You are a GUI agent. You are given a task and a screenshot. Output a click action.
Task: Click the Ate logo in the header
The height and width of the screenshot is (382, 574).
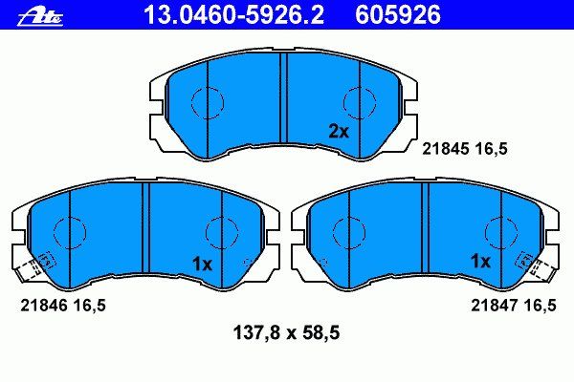(x=40, y=16)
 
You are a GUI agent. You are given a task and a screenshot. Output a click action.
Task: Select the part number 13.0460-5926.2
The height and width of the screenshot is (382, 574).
(x=234, y=14)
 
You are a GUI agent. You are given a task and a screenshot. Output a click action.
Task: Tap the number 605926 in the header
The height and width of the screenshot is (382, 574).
(x=398, y=14)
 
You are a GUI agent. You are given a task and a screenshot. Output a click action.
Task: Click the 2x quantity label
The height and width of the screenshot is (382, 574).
(x=339, y=132)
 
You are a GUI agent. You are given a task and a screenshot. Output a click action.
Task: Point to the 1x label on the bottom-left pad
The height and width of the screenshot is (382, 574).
(x=202, y=264)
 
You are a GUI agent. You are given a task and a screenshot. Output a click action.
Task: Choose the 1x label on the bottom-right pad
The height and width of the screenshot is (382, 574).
(x=480, y=261)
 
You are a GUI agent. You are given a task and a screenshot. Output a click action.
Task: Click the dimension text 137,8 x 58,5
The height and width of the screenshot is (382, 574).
(x=286, y=333)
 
